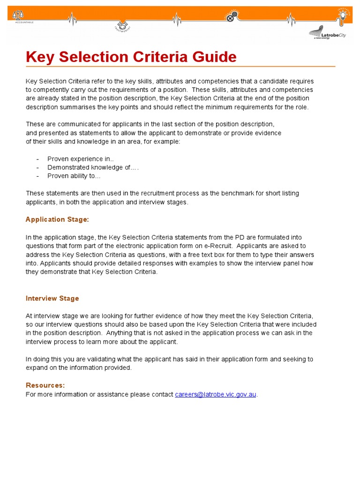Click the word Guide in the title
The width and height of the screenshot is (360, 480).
(214, 57)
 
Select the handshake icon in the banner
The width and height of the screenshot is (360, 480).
(122, 24)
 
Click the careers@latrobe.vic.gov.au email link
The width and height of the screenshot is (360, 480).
(216, 394)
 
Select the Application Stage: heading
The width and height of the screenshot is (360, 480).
(57, 219)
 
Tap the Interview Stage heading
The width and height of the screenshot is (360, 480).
(52, 298)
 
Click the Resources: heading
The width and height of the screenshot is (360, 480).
(45, 385)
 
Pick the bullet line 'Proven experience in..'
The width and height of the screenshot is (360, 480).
(77, 159)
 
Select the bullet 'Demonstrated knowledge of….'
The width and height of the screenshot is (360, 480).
(93, 167)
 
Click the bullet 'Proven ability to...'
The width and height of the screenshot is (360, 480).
(74, 176)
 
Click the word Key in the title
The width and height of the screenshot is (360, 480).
(38, 57)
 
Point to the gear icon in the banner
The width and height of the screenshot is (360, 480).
(230, 17)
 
